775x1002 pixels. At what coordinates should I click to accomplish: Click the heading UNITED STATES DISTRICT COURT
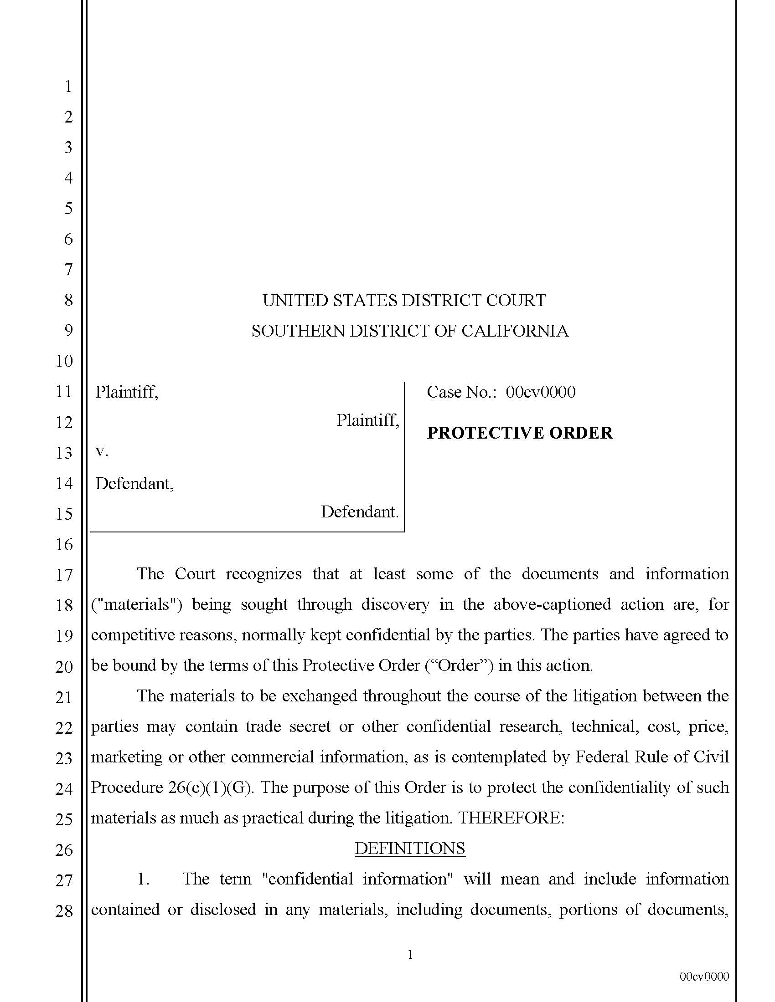click(403, 301)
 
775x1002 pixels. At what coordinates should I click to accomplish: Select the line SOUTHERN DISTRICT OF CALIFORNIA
click(409, 331)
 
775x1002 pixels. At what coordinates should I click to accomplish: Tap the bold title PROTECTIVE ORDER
click(519, 433)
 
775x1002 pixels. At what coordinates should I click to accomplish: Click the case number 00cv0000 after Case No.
click(540, 392)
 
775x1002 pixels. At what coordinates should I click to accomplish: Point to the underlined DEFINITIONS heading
click(409, 849)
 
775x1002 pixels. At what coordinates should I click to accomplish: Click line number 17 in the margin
click(64, 575)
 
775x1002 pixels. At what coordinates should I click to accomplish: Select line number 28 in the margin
click(64, 911)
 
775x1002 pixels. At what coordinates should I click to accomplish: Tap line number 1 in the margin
click(68, 86)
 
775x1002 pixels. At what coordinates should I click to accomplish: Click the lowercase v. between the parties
click(102, 451)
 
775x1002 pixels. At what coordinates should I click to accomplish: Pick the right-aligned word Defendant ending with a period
click(360, 512)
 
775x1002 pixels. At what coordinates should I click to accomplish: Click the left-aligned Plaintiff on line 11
click(126, 392)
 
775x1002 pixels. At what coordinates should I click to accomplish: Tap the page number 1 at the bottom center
click(409, 955)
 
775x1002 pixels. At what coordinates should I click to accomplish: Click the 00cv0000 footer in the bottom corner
click(704, 977)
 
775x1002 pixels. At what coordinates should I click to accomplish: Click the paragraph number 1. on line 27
click(144, 879)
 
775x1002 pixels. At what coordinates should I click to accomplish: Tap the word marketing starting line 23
click(126, 757)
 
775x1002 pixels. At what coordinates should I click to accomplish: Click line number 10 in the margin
click(64, 361)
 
